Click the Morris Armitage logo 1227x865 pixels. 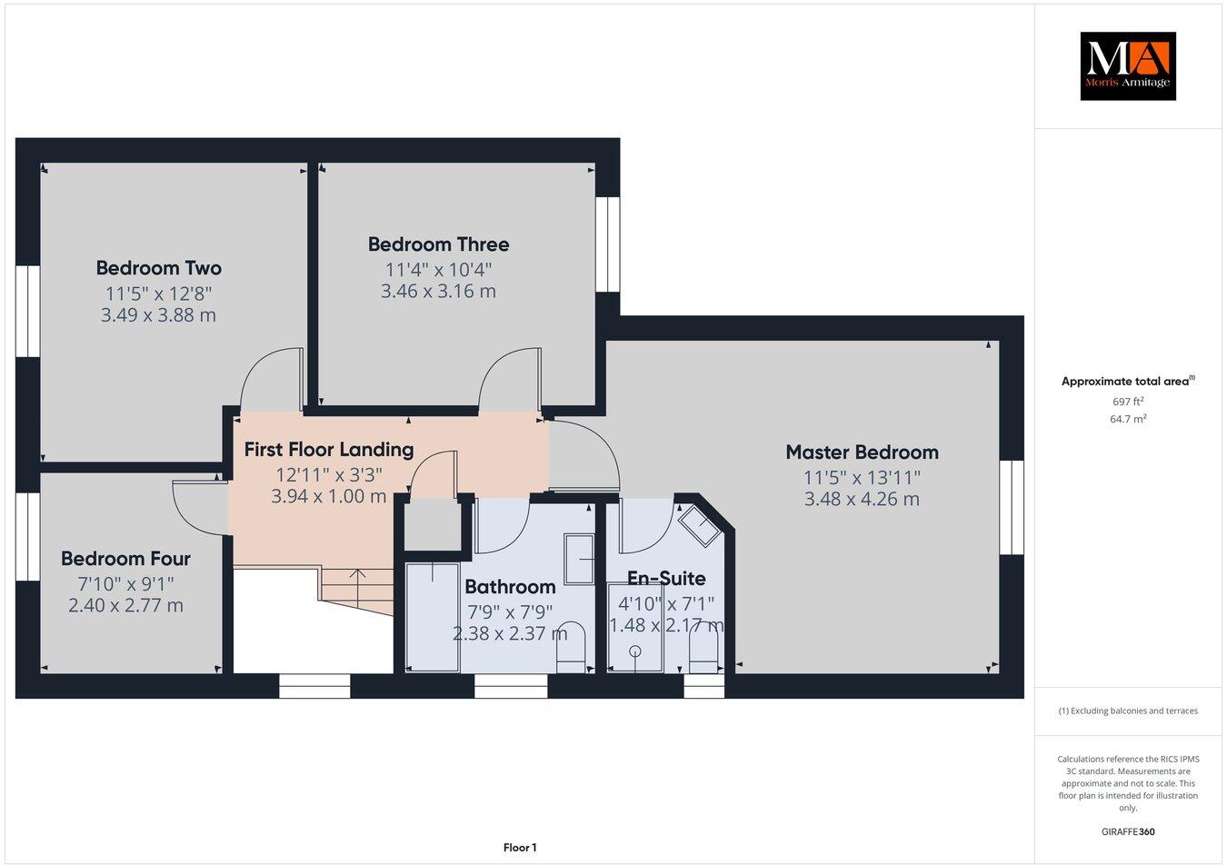[x=1127, y=65]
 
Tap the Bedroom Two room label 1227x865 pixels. [x=158, y=268]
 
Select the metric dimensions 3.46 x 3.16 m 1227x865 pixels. [x=438, y=292]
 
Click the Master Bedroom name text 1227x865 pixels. [x=862, y=452]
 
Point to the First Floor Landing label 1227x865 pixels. [x=328, y=449]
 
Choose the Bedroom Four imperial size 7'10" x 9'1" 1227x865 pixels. [x=125, y=583]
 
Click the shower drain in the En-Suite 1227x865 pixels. [x=634, y=651]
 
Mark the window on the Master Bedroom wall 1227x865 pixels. [x=1012, y=507]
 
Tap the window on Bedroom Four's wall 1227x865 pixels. [x=27, y=536]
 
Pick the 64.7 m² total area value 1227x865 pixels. [x=1128, y=419]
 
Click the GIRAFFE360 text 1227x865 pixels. [x=1127, y=830]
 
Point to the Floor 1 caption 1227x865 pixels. [x=520, y=848]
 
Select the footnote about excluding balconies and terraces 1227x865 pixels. [x=1127, y=711]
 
